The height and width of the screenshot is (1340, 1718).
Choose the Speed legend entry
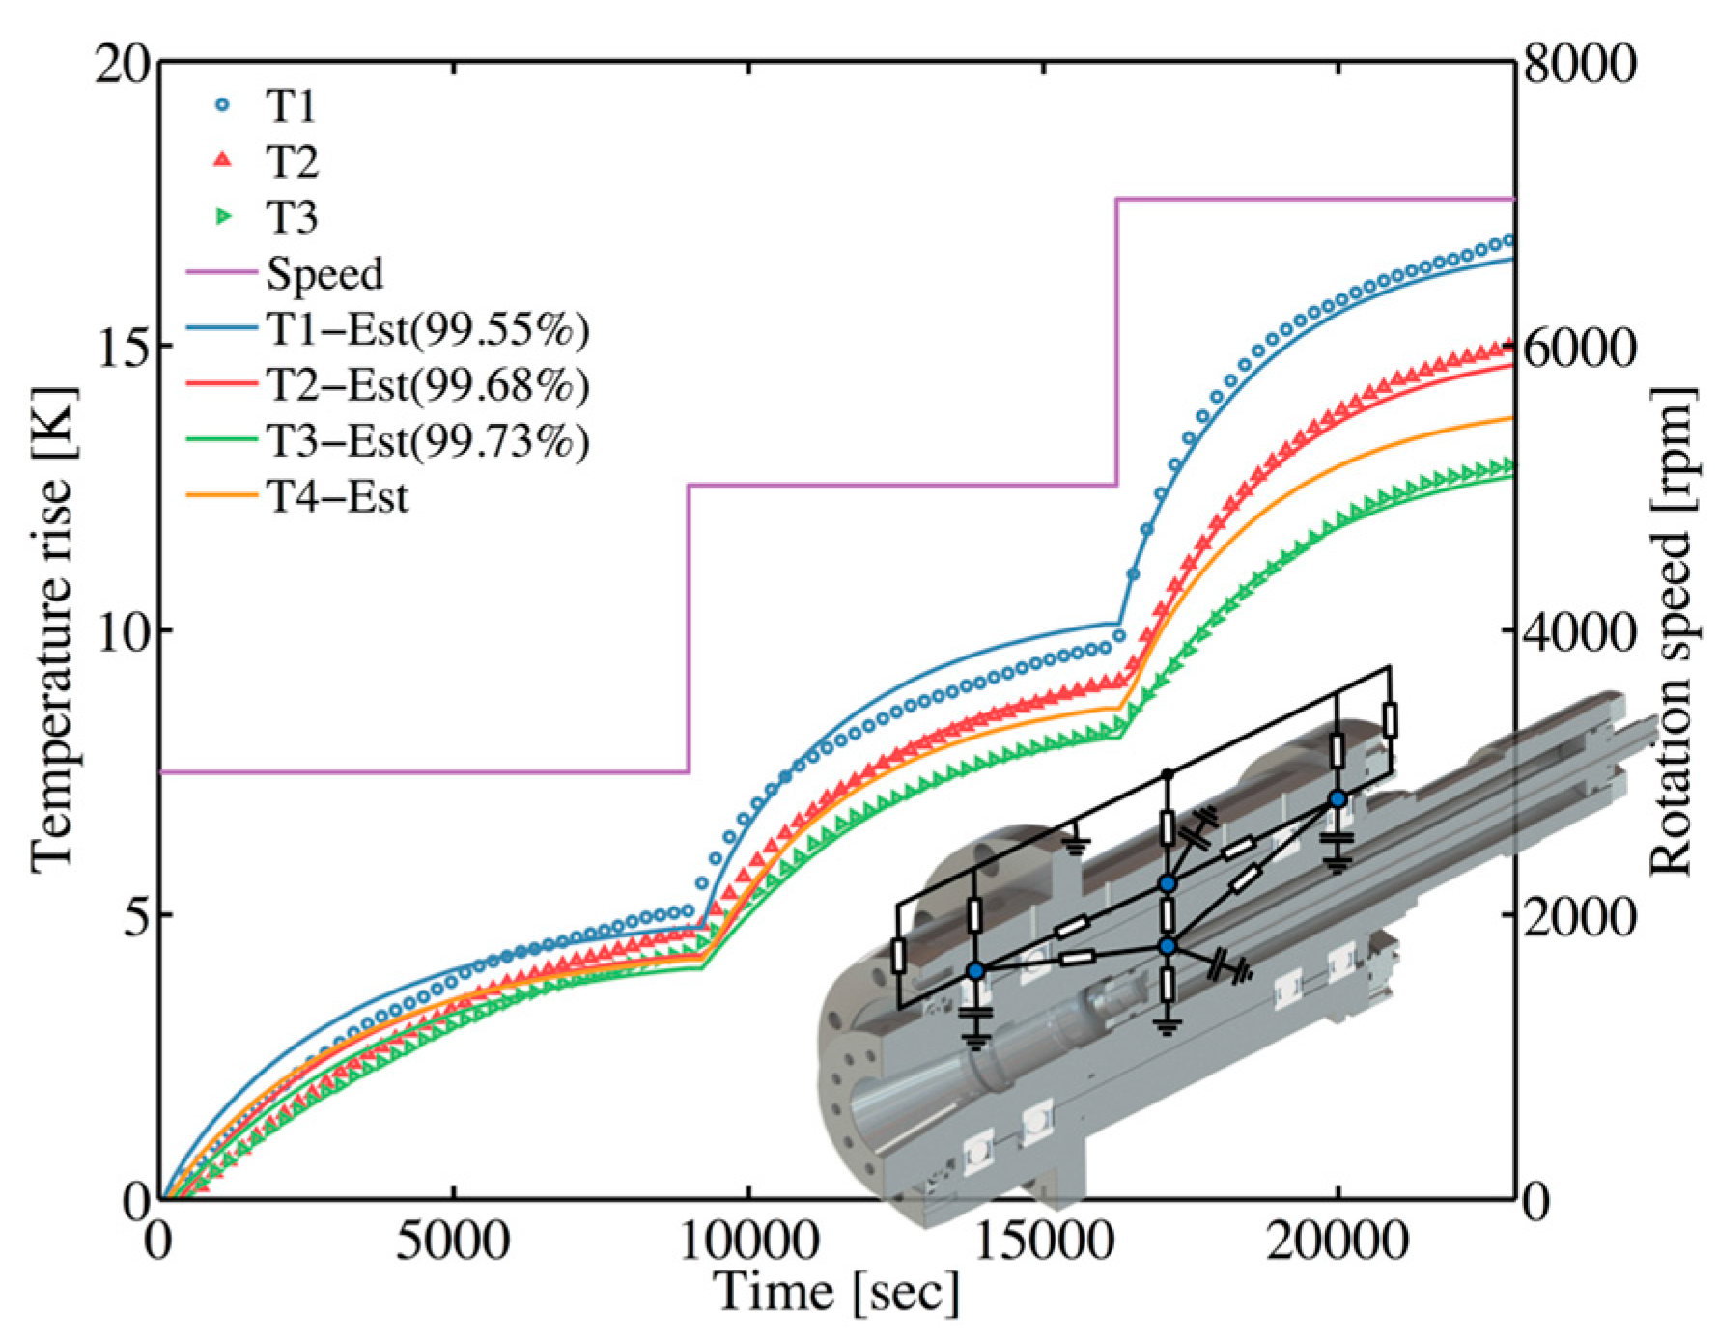(285, 274)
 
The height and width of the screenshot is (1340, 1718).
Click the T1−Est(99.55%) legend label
(428, 329)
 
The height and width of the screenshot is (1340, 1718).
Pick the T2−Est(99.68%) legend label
(428, 385)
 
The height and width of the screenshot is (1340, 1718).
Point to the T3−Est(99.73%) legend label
(428, 441)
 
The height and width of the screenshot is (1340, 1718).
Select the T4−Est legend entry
(297, 497)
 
